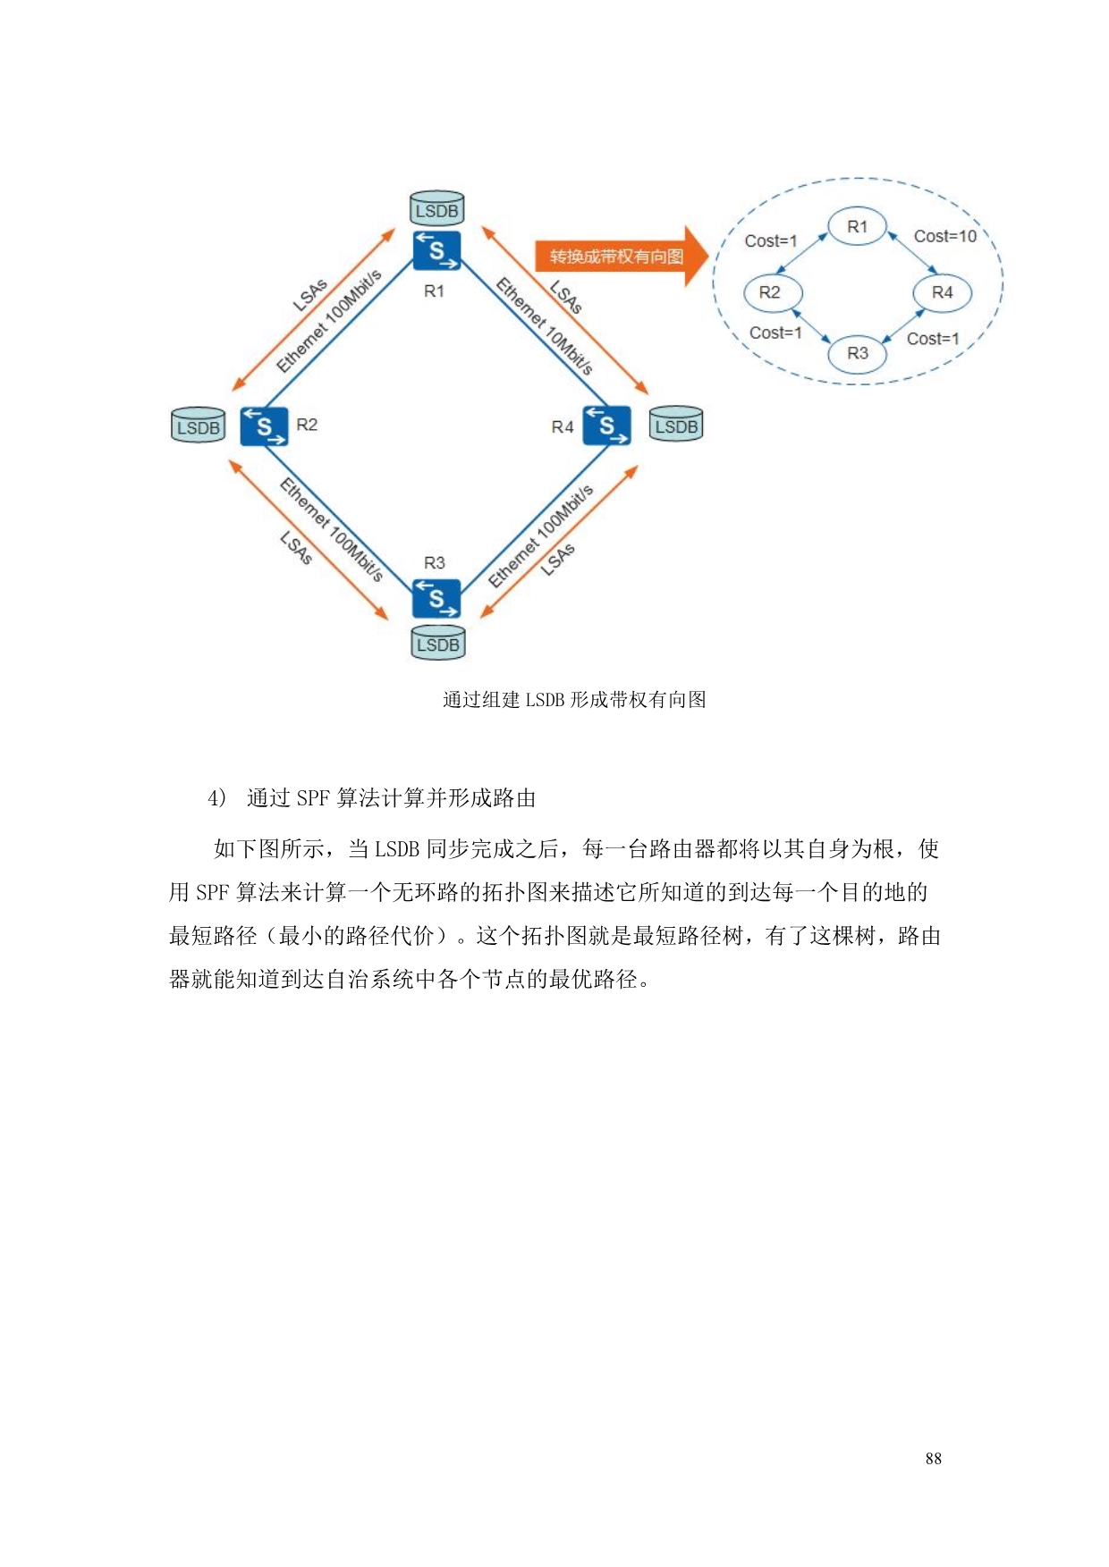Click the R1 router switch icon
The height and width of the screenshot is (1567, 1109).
coord(436,250)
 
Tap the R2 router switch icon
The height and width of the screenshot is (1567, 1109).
coord(264,426)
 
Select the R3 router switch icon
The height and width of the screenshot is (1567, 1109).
coord(436,598)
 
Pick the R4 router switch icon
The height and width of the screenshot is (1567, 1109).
coord(606,425)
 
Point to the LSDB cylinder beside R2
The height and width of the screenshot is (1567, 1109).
coord(198,425)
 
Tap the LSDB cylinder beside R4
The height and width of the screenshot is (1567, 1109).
coord(676,425)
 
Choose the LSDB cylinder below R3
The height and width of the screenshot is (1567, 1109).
coord(437,643)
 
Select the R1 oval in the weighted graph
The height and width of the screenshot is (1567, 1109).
coord(857,226)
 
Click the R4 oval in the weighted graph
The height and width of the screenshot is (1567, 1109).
coord(942,292)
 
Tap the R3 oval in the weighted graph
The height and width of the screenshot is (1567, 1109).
coord(857,353)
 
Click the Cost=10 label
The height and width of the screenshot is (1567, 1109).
coord(944,236)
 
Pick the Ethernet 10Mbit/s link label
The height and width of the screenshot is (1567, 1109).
coord(544,326)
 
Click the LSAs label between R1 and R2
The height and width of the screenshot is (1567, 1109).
coord(310,295)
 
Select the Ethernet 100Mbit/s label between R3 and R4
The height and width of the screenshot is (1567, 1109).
coord(540,536)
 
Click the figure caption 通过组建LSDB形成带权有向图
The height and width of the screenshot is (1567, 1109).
coord(574,700)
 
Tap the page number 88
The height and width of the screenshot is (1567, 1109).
coord(933,1458)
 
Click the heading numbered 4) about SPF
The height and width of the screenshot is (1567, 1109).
coord(371,798)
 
